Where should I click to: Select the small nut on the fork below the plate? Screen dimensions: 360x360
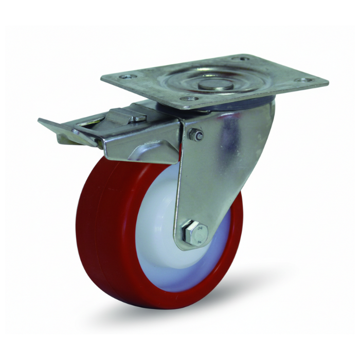click(195, 135)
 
